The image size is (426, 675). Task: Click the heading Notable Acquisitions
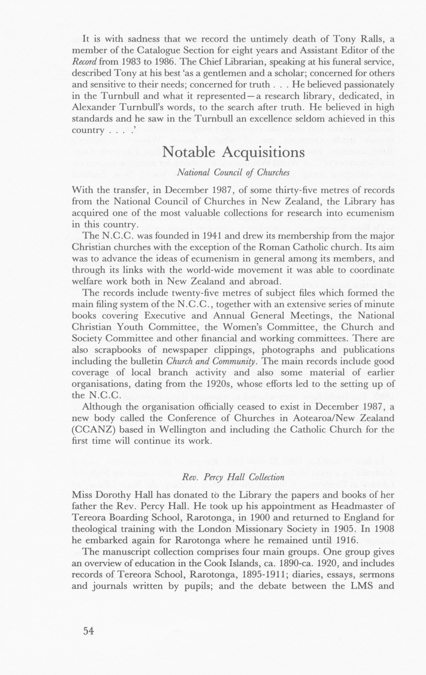233,152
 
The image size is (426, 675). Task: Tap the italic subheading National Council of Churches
233,172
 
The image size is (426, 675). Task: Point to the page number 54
88,631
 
